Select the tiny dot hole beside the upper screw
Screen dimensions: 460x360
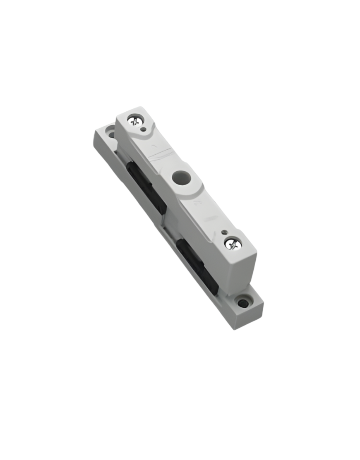(143, 129)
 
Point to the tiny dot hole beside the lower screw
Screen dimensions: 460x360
(224, 232)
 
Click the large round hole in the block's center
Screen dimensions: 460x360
(180, 179)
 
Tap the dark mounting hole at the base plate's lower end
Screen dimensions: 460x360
(243, 304)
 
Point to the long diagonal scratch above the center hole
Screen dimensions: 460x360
(159, 155)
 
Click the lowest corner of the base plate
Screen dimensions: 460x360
(235, 329)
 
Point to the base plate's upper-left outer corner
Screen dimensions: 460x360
(94, 132)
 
